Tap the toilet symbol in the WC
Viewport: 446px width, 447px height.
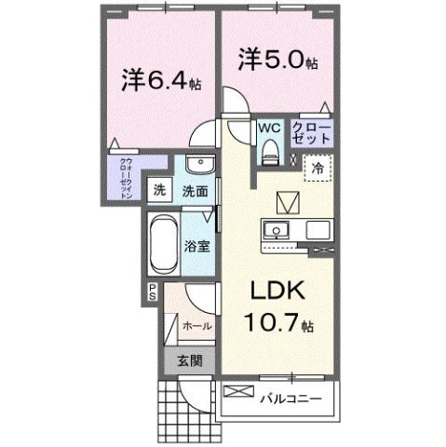pyautogui.click(x=271, y=149)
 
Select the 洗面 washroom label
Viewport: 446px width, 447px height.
pyautogui.click(x=194, y=191)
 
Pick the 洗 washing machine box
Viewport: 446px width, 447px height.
pyautogui.click(x=161, y=190)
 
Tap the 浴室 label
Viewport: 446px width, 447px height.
pyautogui.click(x=195, y=248)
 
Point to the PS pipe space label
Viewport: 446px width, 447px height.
pyautogui.click(x=150, y=292)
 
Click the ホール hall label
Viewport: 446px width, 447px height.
pyautogui.click(x=196, y=327)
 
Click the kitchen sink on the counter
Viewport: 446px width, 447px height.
pyautogui.click(x=277, y=230)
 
